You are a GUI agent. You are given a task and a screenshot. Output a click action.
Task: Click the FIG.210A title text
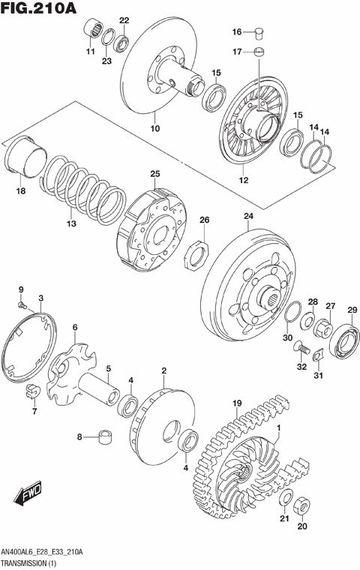coord(39,10)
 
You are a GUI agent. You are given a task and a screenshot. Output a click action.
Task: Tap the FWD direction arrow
coord(28,496)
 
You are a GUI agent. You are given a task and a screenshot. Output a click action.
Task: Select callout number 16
coord(236,32)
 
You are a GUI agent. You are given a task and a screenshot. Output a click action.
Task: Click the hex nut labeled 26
coord(196,256)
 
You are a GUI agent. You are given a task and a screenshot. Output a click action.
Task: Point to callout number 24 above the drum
coord(248,217)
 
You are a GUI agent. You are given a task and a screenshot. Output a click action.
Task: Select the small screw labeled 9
coord(23,304)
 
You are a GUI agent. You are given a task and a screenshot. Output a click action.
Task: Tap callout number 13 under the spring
coord(71,223)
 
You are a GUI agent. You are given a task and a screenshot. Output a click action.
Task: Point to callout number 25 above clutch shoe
coord(154,175)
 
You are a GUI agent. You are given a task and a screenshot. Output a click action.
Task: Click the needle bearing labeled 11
coord(93,28)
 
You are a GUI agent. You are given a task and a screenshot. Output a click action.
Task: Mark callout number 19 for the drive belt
coord(238,403)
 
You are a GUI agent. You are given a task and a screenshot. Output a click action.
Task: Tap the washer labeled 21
coord(286,500)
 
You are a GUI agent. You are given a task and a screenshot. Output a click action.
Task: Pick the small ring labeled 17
coord(259,52)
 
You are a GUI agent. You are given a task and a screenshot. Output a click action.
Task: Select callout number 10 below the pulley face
coord(155,129)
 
